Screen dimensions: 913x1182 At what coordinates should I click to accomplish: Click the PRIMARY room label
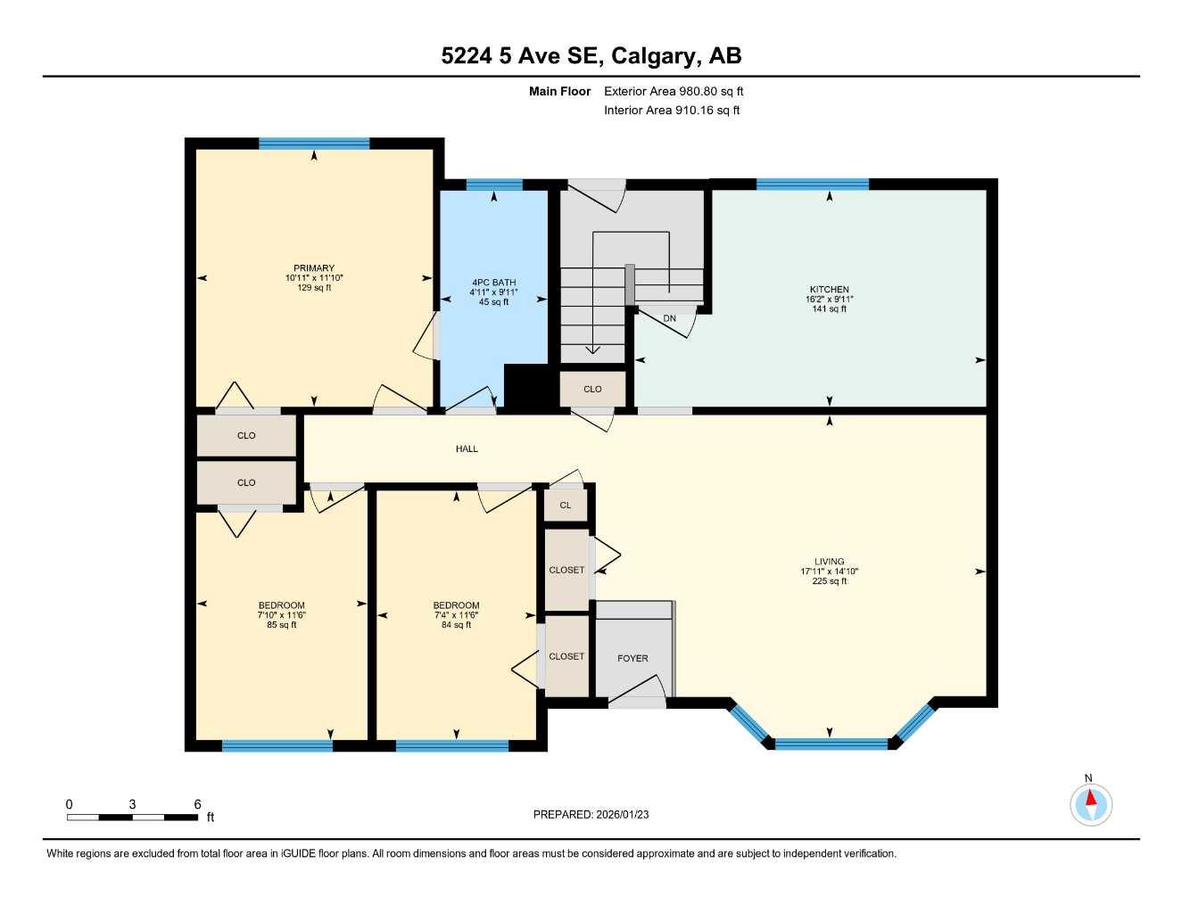314,268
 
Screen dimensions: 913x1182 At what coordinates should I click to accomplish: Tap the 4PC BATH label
493,283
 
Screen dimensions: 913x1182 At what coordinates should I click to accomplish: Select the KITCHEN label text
829,290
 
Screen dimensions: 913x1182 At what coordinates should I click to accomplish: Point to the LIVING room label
829,562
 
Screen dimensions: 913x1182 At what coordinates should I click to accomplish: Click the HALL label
467,449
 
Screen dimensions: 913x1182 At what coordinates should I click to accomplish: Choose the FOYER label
632,659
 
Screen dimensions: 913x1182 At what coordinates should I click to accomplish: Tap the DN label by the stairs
669,318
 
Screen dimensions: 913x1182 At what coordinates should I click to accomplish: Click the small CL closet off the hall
566,506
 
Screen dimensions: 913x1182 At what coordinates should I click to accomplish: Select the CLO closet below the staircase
592,390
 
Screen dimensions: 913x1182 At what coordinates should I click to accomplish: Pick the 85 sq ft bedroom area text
282,625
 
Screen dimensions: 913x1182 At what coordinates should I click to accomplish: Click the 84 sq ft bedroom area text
456,625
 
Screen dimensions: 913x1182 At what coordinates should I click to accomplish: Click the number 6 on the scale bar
197,804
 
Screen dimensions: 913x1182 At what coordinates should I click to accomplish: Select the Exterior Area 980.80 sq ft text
674,91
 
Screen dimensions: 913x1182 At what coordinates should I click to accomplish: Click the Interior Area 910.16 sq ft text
672,111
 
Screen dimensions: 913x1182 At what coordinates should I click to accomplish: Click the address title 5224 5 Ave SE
591,56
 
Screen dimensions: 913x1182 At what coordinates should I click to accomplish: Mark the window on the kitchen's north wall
812,185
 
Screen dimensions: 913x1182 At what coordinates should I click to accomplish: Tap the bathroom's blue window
494,185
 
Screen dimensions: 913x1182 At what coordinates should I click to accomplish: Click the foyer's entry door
637,701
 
